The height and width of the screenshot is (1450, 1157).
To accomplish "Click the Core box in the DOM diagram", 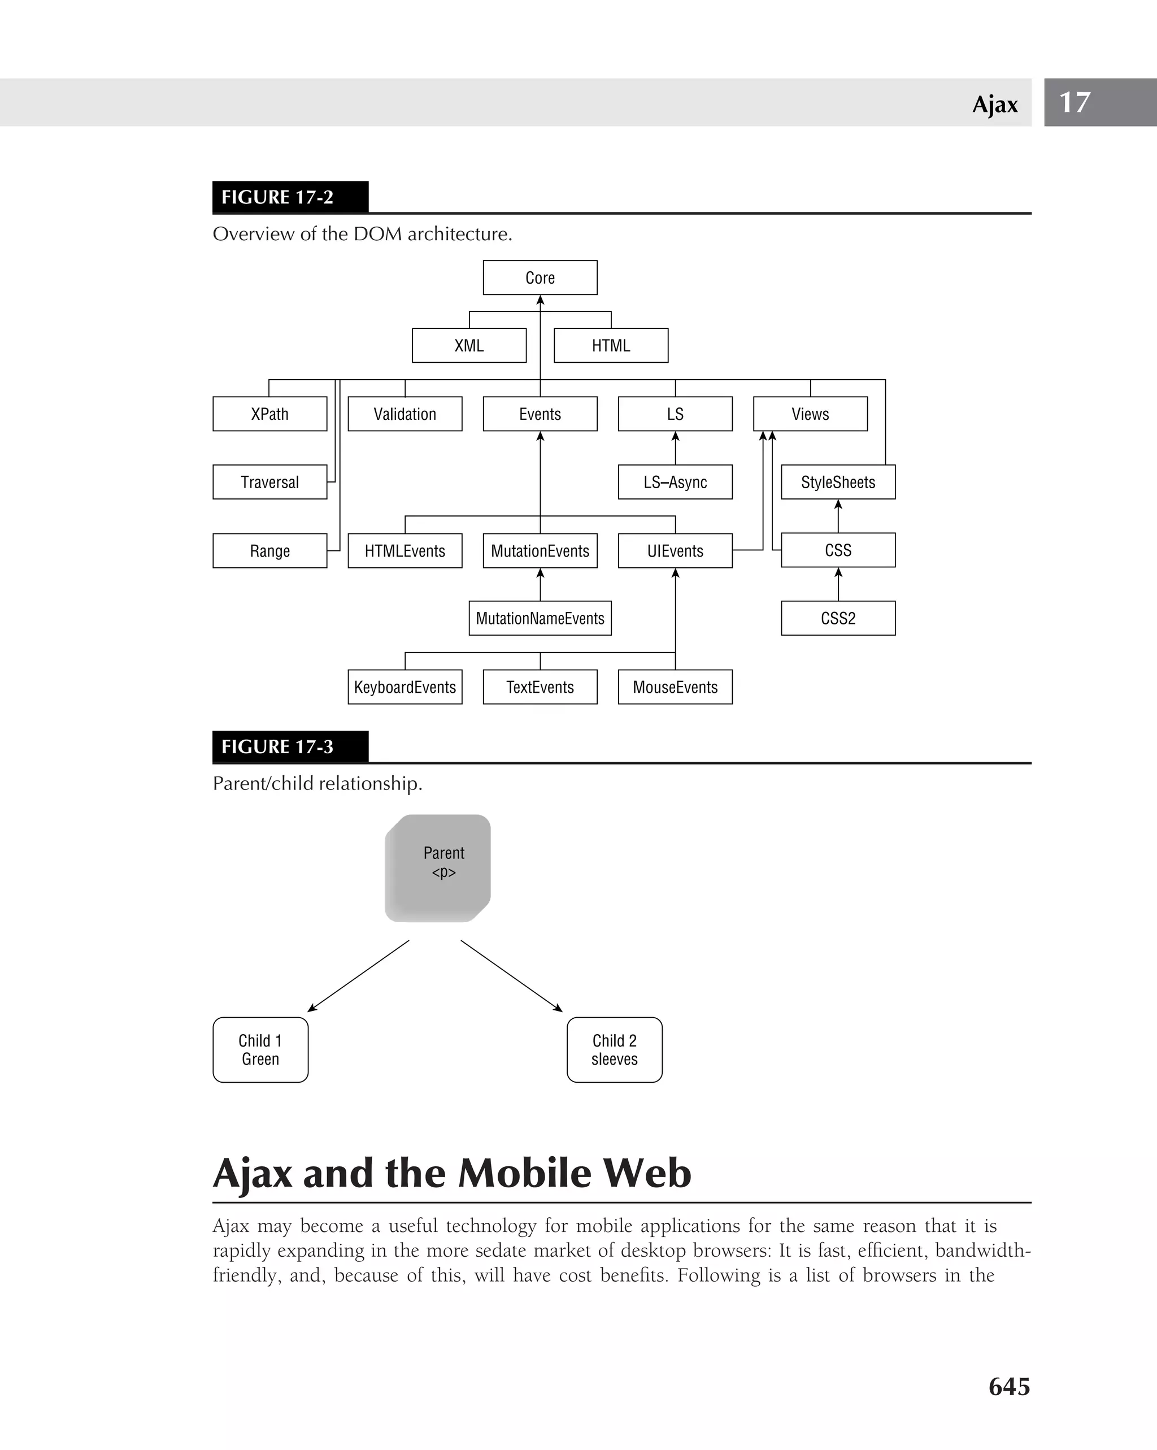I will tap(540, 278).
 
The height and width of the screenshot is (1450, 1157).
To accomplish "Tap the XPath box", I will tap(269, 414).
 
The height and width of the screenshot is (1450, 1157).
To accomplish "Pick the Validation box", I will tap(404, 414).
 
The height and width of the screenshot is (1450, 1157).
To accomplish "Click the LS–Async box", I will tap(675, 482).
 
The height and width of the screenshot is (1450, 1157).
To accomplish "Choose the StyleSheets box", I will tap(838, 482).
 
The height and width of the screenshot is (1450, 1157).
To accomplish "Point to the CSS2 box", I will tap(838, 618).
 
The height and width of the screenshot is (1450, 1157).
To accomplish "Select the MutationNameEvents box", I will tap(540, 618).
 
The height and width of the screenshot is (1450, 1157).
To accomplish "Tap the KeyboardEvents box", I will tap(404, 687).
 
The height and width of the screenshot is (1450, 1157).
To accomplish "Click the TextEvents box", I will tap(540, 687).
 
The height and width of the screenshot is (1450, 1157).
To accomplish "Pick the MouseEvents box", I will tap(675, 687).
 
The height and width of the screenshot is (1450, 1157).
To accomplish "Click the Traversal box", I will tap(269, 482).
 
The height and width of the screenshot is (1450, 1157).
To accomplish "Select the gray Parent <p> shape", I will tap(438, 867).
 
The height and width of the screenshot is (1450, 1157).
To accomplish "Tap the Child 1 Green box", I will tap(260, 1049).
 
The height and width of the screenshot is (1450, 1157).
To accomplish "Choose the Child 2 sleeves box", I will tap(615, 1049).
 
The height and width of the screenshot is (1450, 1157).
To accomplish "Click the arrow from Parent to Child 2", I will tap(511, 975).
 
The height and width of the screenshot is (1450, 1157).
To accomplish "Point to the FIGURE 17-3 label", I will tap(277, 746).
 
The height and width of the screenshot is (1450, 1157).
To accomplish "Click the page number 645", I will tap(1009, 1387).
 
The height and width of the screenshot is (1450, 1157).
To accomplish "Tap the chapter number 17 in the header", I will tap(1075, 102).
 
